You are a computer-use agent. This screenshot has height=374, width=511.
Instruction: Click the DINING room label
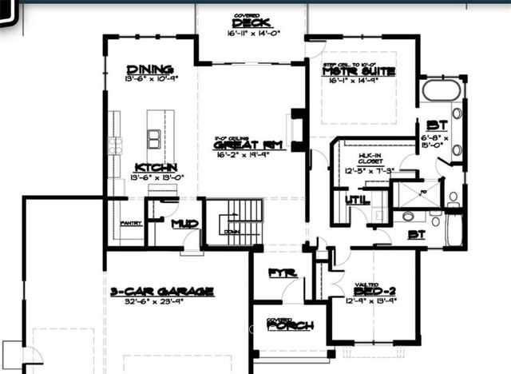[150, 70]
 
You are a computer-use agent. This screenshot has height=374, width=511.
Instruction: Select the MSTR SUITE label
[359, 72]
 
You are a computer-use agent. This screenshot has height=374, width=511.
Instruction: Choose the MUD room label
[185, 224]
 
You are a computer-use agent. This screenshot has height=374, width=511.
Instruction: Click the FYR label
[278, 273]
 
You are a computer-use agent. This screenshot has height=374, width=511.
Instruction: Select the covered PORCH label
[291, 325]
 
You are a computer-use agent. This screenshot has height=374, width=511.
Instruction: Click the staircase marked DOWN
[232, 221]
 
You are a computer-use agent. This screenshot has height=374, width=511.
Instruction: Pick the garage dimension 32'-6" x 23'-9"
[162, 303]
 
